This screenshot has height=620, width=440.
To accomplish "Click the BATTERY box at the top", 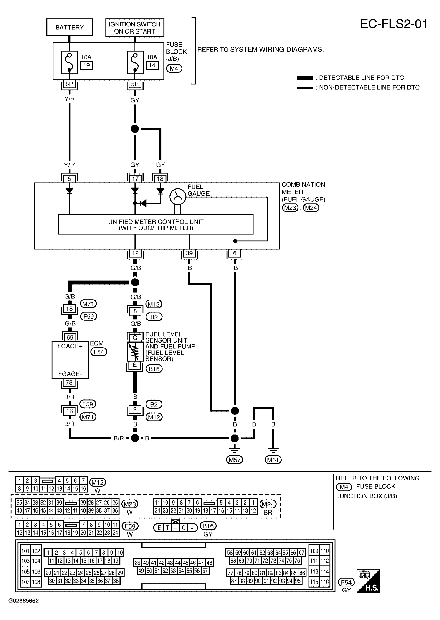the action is coord(70,27).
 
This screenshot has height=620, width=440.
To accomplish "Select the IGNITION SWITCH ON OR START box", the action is coord(135,28).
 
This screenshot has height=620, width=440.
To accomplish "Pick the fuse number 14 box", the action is coord(152,65).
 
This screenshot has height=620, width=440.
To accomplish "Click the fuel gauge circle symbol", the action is coord(178,197).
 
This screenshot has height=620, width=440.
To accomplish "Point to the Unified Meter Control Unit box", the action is coord(156,224).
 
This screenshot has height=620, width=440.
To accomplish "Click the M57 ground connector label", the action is coord(235,460).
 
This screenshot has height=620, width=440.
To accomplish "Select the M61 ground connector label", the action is coord(273,460).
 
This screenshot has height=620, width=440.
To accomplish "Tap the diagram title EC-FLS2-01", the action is coord(394,24).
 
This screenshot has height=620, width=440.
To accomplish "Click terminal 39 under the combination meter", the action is coord(189,253).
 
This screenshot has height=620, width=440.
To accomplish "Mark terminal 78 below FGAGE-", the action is coord(69,382).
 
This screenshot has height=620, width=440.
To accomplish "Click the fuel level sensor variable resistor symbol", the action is coord(135,351).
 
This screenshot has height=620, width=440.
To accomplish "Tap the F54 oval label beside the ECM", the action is coord(99,352).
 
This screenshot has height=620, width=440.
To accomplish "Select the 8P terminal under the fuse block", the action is coord(69,84).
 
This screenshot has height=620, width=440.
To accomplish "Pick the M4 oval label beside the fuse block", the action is coord(174,69).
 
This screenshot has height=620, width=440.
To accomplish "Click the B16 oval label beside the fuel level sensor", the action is coord(154,369).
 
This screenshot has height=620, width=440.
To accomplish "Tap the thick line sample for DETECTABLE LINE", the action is coord(305,78).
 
